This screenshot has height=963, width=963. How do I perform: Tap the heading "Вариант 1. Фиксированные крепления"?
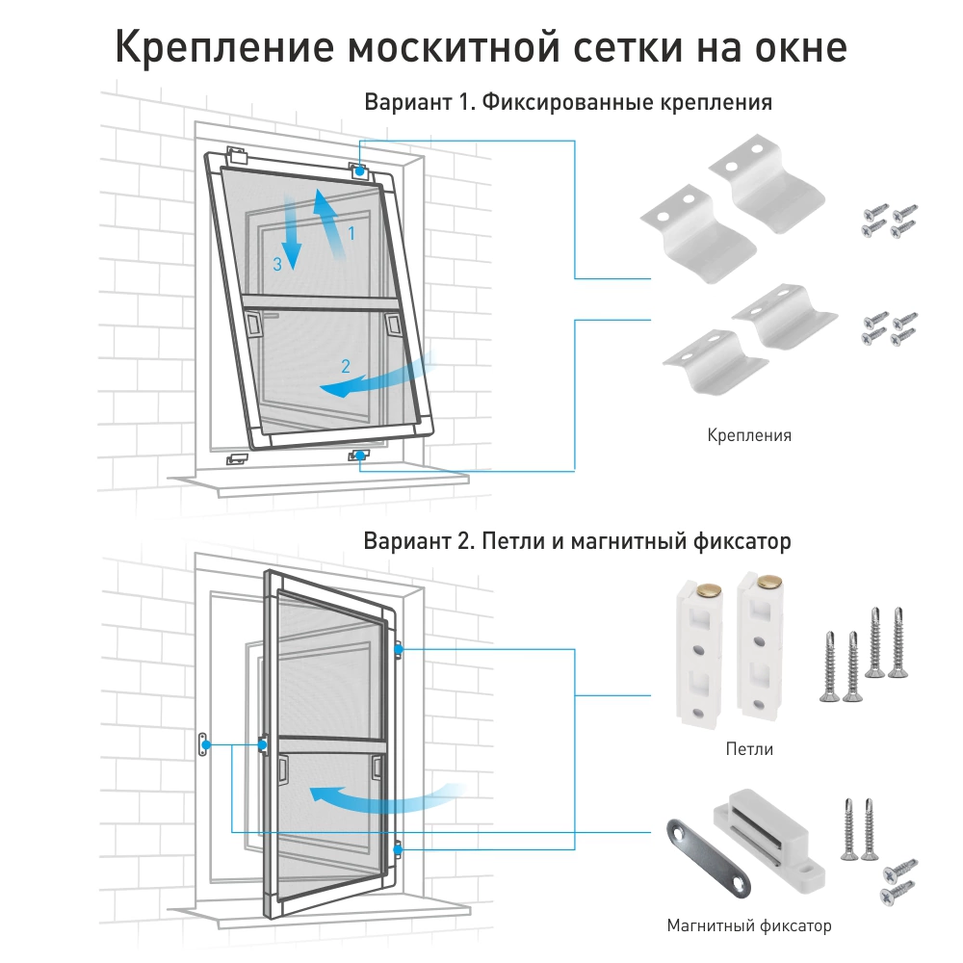[568, 102]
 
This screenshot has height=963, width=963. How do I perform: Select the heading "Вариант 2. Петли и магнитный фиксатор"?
[577, 541]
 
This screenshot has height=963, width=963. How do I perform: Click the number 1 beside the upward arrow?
[351, 233]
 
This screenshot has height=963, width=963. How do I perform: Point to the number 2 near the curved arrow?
[345, 365]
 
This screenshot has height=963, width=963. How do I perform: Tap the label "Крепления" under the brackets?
[749, 435]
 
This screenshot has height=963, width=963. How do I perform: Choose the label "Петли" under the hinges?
[749, 748]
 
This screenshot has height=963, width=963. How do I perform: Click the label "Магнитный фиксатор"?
[749, 926]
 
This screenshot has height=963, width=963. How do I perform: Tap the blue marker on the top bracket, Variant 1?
[359, 171]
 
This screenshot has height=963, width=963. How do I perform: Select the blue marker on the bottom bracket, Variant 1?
[359, 455]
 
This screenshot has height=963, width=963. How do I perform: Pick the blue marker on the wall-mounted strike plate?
[205, 745]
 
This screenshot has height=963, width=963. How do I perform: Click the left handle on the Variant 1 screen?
[253, 324]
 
